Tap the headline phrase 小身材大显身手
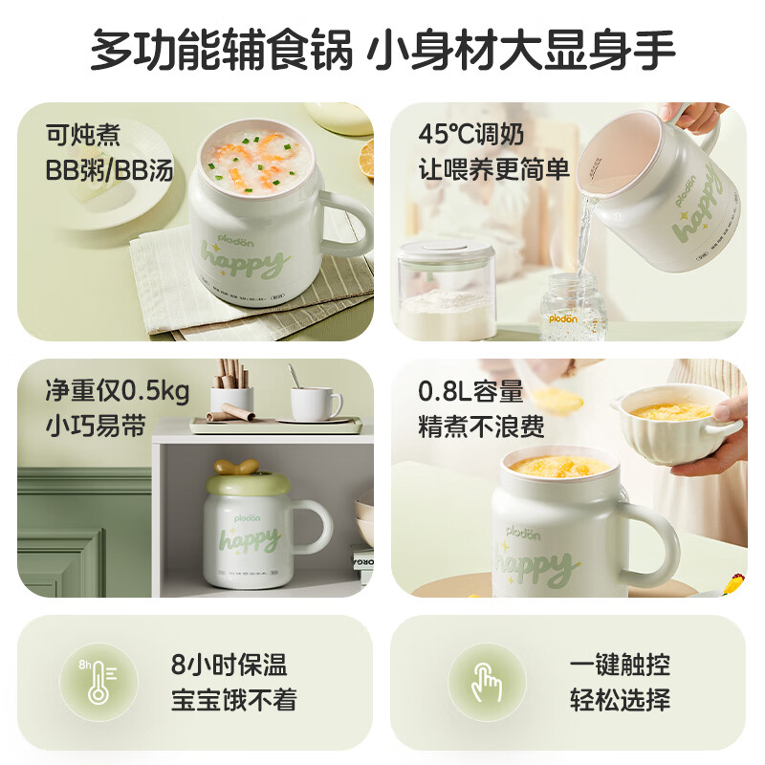tap(523, 50)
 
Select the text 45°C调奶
tap(470, 134)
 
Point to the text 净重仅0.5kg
tap(117, 391)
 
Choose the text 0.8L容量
tap(470, 391)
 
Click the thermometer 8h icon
tap(98, 682)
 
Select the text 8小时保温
tap(229, 665)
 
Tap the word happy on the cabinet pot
tap(249, 540)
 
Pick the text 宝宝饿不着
tap(233, 699)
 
